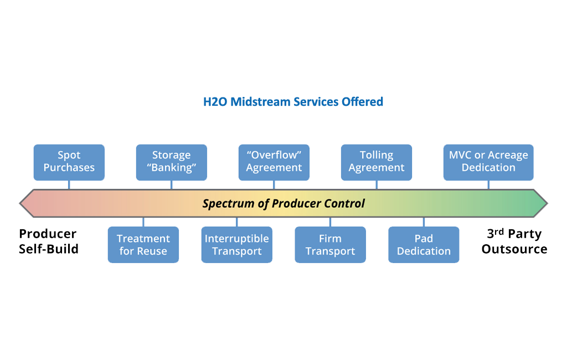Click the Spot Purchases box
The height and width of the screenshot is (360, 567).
pos(69,162)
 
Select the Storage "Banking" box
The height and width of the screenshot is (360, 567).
pos(171,162)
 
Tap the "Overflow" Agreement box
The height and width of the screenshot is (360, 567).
pos(274,162)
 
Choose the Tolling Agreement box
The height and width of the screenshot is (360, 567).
pos(376,162)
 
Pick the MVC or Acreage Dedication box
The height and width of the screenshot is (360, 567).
pos(488,162)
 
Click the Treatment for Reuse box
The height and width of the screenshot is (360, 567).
pos(143,245)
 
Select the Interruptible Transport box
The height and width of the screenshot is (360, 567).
pos(236,245)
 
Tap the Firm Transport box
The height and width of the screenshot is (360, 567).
pos(330,245)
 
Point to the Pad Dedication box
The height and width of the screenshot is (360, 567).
pos(424,245)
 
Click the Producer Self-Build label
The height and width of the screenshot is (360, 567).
pos(49,241)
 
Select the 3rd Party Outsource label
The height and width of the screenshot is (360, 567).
pos(514,241)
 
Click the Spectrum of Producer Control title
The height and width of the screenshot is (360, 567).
pos(283,203)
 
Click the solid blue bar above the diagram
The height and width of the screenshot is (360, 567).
pos(293,101)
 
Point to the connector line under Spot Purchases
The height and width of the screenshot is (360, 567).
pos(69,185)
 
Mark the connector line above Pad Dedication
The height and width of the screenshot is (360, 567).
pos(424,222)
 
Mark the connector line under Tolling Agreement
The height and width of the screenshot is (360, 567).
pos(376,185)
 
